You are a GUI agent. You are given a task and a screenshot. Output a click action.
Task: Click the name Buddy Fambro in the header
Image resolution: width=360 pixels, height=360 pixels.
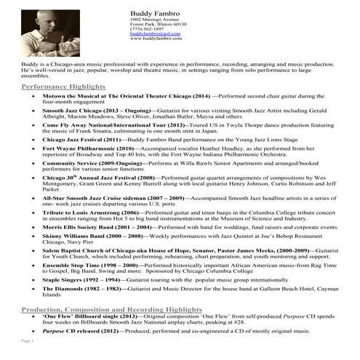pyautogui.click(x=152, y=14)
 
